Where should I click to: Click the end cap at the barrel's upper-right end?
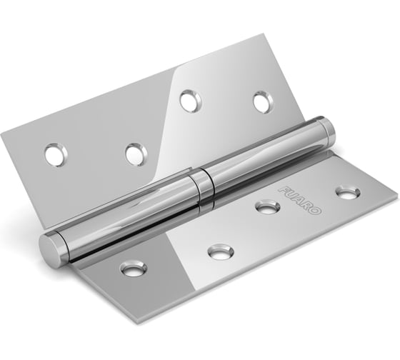[x=326, y=131]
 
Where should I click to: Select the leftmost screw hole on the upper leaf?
[x=56, y=152]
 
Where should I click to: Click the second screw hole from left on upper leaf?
[x=135, y=153]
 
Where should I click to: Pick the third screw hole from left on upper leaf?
[x=190, y=100]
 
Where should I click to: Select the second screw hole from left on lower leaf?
[x=219, y=252]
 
